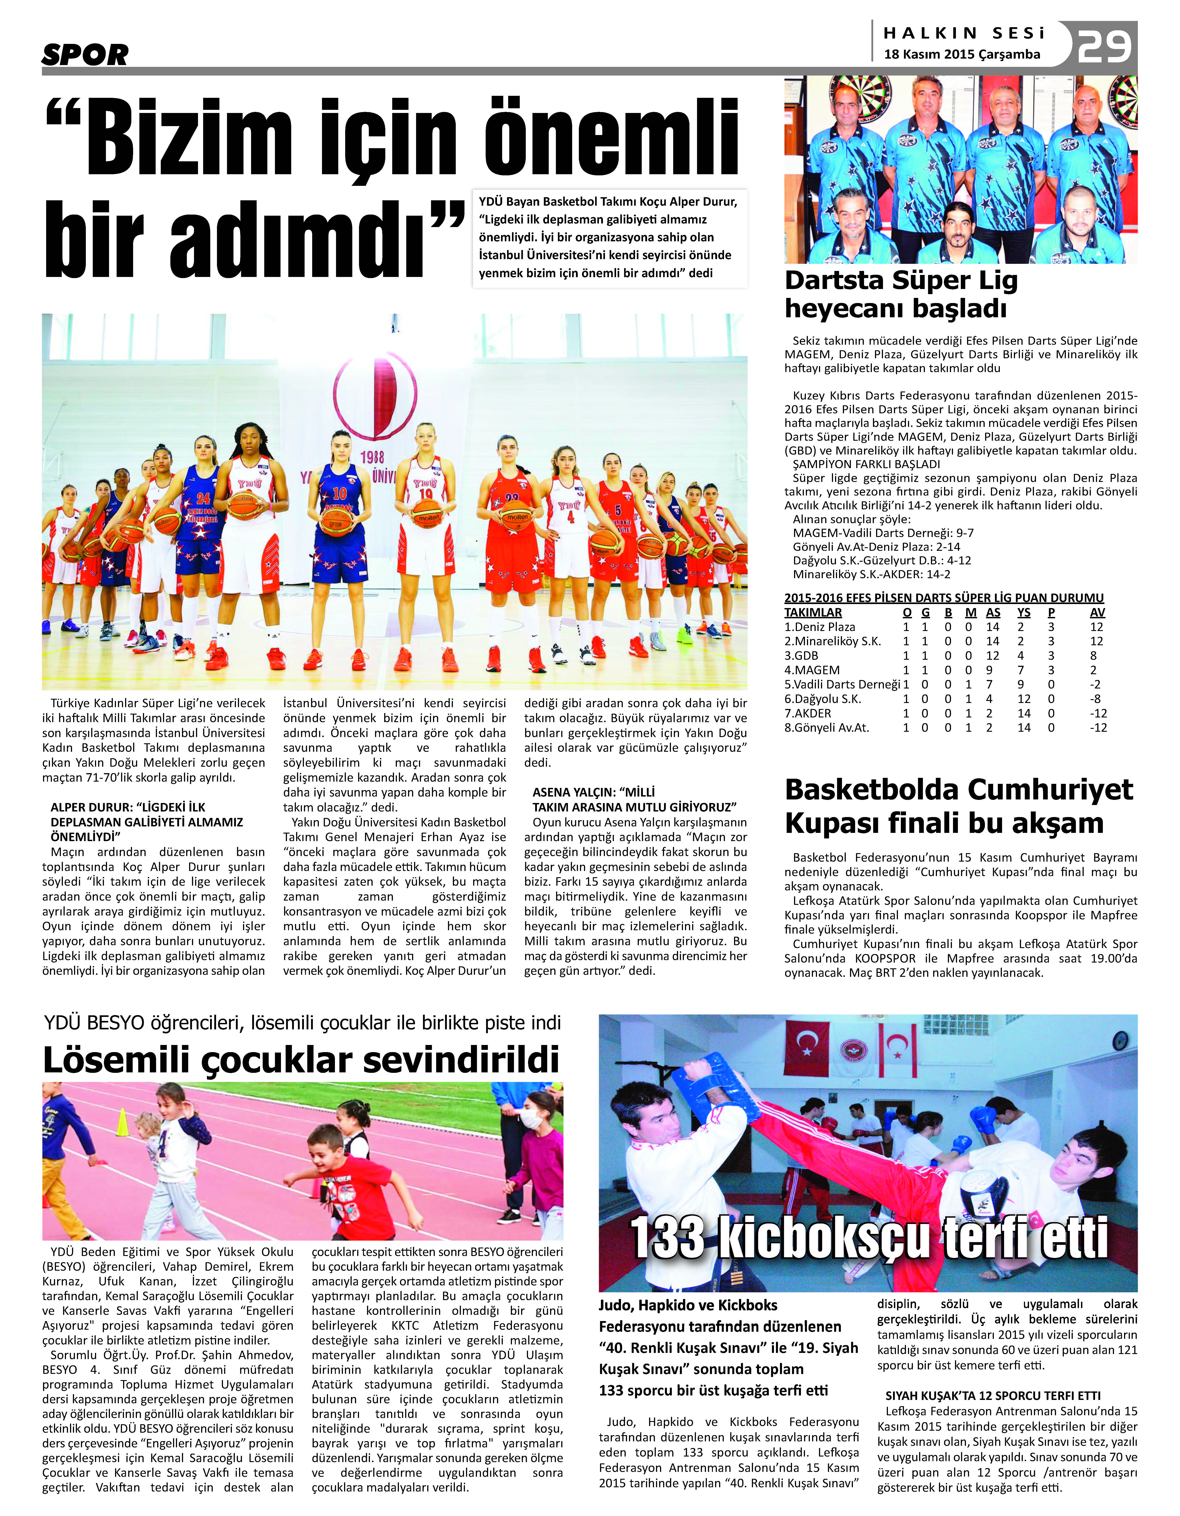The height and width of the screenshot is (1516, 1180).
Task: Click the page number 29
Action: (1104, 46)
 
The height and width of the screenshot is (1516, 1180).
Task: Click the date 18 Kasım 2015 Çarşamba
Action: (962, 54)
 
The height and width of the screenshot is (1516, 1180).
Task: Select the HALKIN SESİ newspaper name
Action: (964, 33)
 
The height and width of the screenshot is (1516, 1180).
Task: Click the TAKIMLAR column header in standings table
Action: (813, 612)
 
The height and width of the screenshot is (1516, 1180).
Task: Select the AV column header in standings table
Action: (1097, 612)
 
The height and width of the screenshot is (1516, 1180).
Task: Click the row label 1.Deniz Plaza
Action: (819, 627)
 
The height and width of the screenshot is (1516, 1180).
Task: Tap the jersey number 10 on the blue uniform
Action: (339, 494)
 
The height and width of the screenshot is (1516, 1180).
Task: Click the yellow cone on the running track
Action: (122, 1123)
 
